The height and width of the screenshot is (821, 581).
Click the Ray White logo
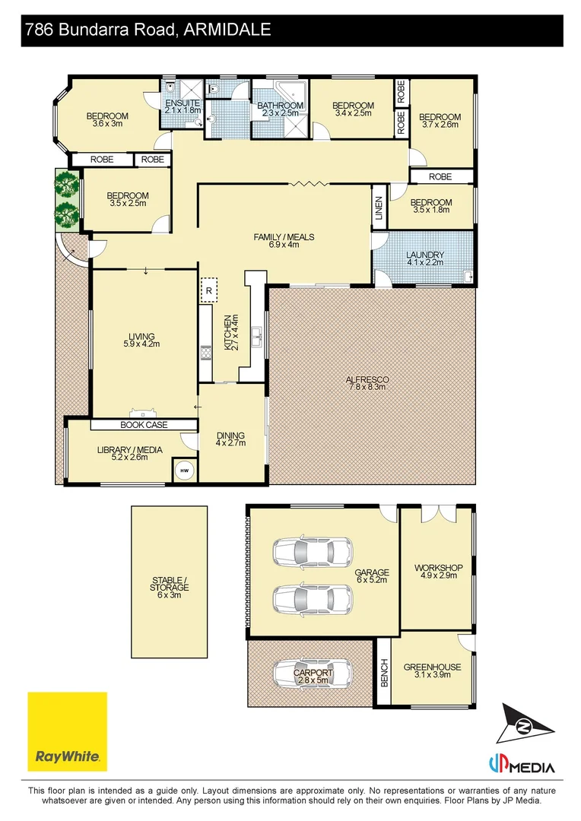pos(67,731)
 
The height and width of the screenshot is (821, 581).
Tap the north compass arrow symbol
pos(525,724)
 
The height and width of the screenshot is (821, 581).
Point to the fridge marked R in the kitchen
pos(208,290)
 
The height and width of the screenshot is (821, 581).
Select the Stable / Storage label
pos(170,588)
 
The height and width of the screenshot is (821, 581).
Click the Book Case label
pos(144,425)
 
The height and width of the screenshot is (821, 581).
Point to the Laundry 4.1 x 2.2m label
pos(425,258)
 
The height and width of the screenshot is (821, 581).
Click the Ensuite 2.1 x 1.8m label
pos(183,106)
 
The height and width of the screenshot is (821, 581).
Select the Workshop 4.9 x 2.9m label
pos(438,572)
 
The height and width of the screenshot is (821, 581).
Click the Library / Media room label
pos(129,453)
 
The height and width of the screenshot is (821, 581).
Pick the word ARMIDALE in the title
pos(228,30)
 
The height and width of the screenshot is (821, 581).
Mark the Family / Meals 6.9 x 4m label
pos(284,241)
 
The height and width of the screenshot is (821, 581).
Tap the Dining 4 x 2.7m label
pos(230,439)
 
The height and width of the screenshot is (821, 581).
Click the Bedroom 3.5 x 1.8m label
pos(431,206)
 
